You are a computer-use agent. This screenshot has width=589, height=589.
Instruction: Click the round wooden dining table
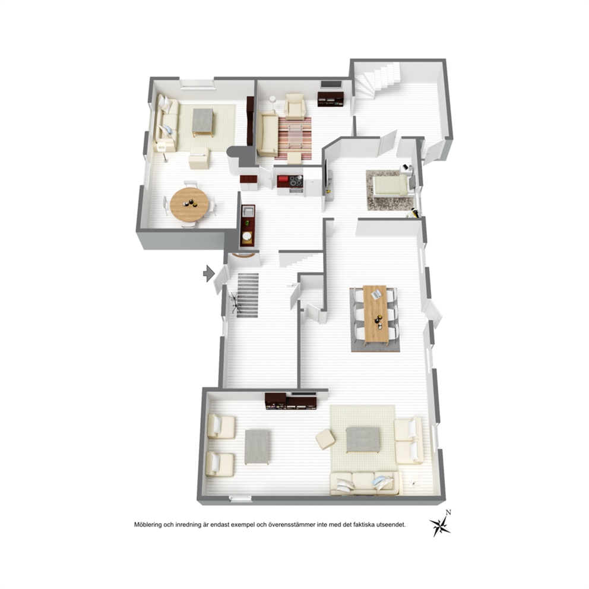(189, 205)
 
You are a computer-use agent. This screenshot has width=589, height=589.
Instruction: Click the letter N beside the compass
(448, 512)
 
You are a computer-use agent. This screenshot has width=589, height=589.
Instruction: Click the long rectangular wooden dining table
(375, 314)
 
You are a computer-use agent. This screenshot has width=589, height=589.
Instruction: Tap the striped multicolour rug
(295, 138)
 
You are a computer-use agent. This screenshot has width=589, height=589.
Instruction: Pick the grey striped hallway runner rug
(248, 295)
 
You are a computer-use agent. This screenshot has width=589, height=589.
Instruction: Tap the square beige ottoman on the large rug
(325, 439)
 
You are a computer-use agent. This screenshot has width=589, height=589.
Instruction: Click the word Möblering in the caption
(148, 525)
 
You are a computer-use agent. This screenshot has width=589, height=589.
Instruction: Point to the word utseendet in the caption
(392, 525)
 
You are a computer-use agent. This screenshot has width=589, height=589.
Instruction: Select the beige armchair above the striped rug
(295, 106)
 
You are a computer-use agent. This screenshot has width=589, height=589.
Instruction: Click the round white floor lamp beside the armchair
(273, 99)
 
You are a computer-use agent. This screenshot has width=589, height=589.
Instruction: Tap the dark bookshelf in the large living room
(291, 401)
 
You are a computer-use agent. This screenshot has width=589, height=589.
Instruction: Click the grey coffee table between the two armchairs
(257, 447)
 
